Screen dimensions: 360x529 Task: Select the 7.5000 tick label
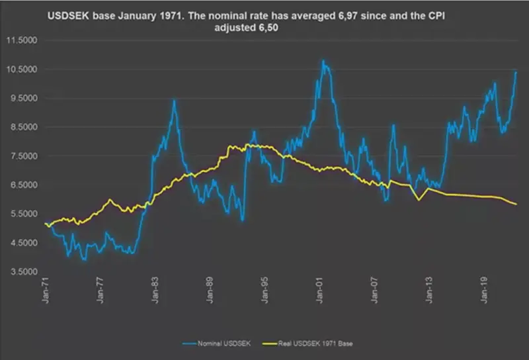click(x=22, y=156)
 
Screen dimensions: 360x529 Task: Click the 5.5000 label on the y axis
click(x=22, y=214)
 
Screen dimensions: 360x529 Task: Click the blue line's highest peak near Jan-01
click(x=323, y=61)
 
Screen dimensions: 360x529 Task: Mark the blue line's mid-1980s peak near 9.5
click(x=174, y=101)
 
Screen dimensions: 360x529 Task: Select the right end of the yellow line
click(x=516, y=204)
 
